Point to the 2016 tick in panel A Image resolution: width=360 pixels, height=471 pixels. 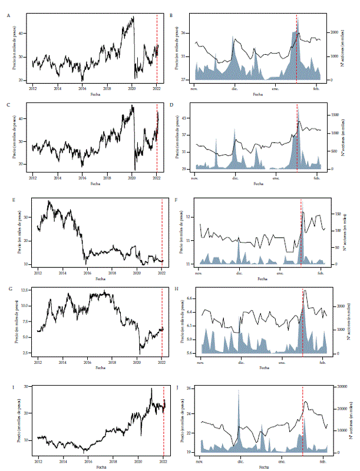82,88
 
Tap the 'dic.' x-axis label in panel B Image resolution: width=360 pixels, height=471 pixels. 235,88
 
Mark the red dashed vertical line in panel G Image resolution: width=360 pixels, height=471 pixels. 162,321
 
